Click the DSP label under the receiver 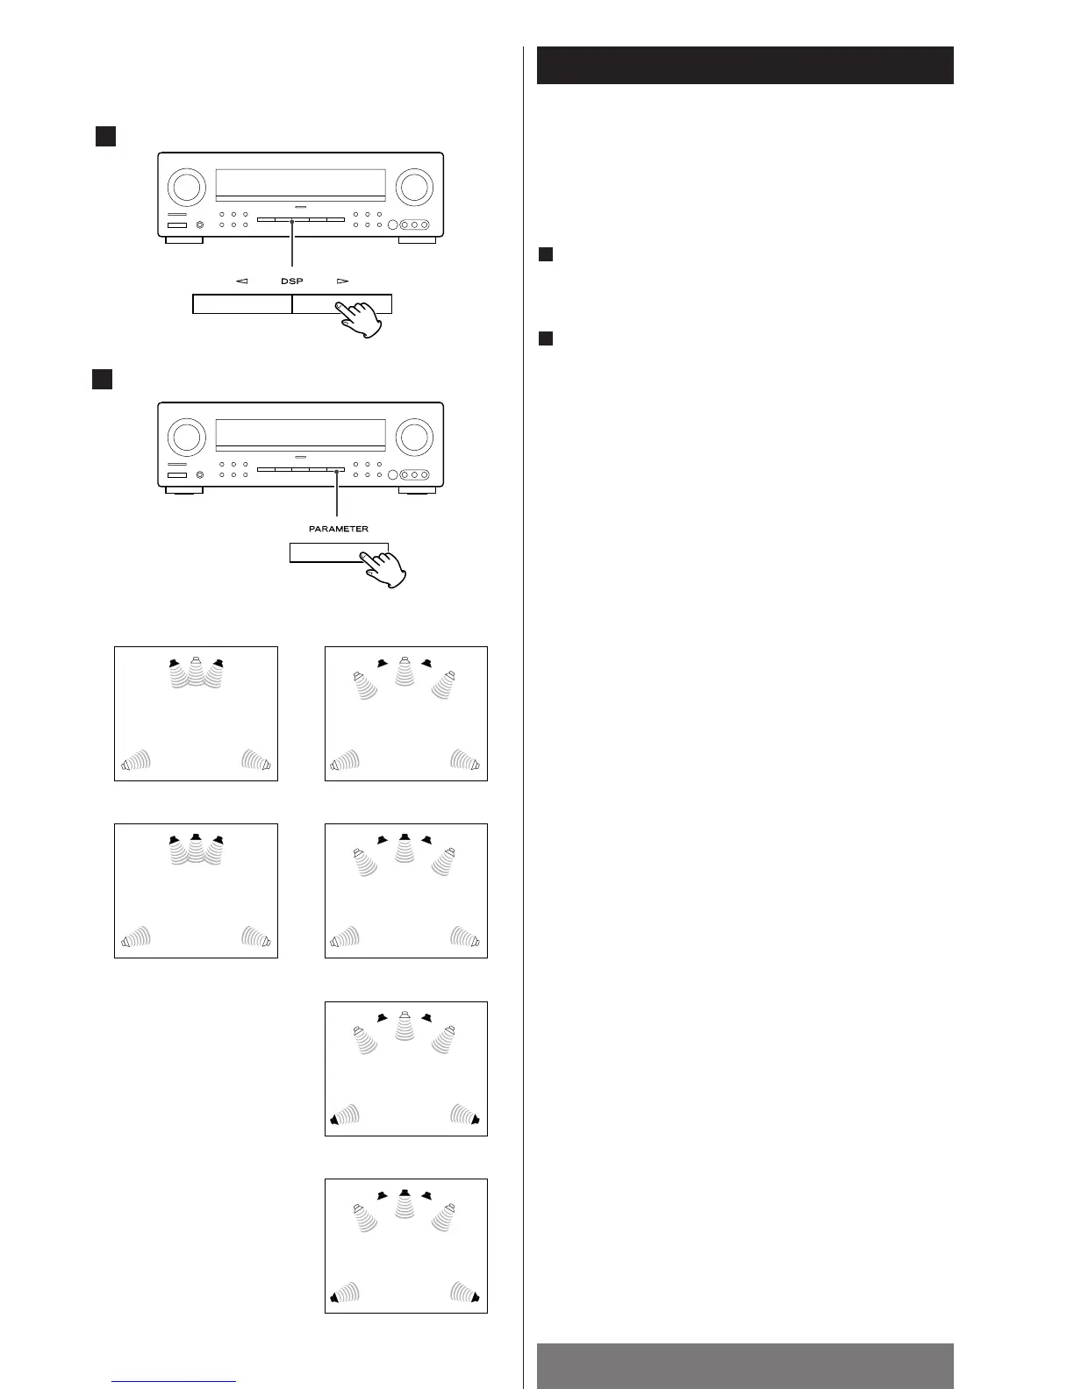coord(292,281)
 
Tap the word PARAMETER coord(339,529)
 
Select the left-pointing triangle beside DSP coord(242,281)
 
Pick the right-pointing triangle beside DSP coord(342,281)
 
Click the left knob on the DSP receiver coord(185,186)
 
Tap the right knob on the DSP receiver coord(413,186)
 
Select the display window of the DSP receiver coord(300,182)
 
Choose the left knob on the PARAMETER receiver coord(185,436)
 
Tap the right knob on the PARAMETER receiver coord(413,436)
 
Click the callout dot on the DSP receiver coord(291,222)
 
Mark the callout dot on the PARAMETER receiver coord(336,472)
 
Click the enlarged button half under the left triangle coord(242,304)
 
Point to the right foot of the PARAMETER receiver coord(417,489)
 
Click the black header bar coord(745,65)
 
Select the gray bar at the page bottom coord(745,1365)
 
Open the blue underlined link coord(175,1381)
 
